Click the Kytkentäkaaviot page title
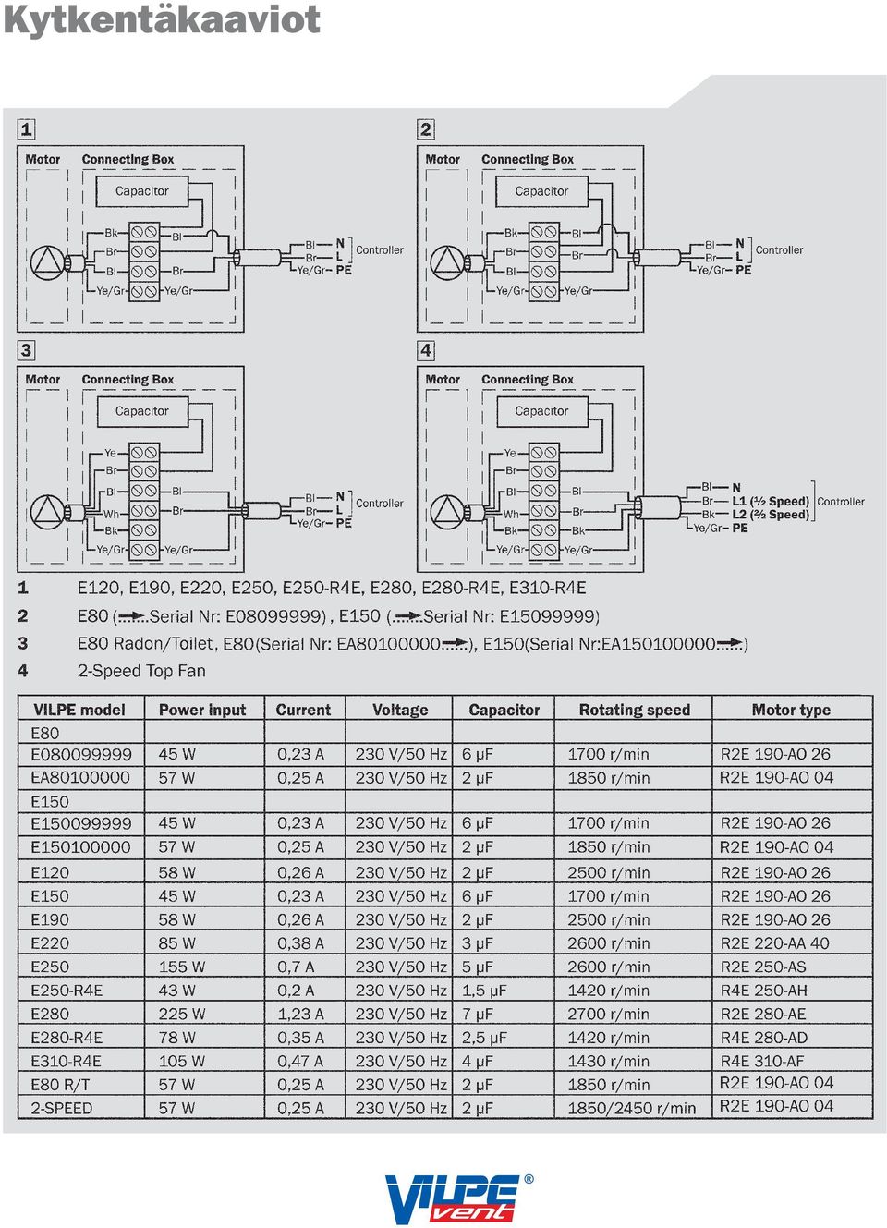coord(162,21)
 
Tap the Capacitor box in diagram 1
coord(142,190)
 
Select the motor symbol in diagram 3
coord(48,511)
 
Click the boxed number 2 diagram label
coord(425,129)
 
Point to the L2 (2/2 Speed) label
coord(771,515)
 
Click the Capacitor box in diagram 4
coord(541,411)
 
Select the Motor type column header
coord(791,710)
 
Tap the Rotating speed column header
coord(634,710)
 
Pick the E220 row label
coord(50,942)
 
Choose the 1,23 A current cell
coord(300,1014)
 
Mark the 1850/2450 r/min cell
coord(632,1108)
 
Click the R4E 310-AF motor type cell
coord(762,1061)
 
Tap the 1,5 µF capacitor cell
coord(484,991)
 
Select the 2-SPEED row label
coord(61,1108)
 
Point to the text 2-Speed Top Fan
coord(141,671)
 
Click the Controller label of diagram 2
coord(779,250)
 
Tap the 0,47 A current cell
coord(300,1061)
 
